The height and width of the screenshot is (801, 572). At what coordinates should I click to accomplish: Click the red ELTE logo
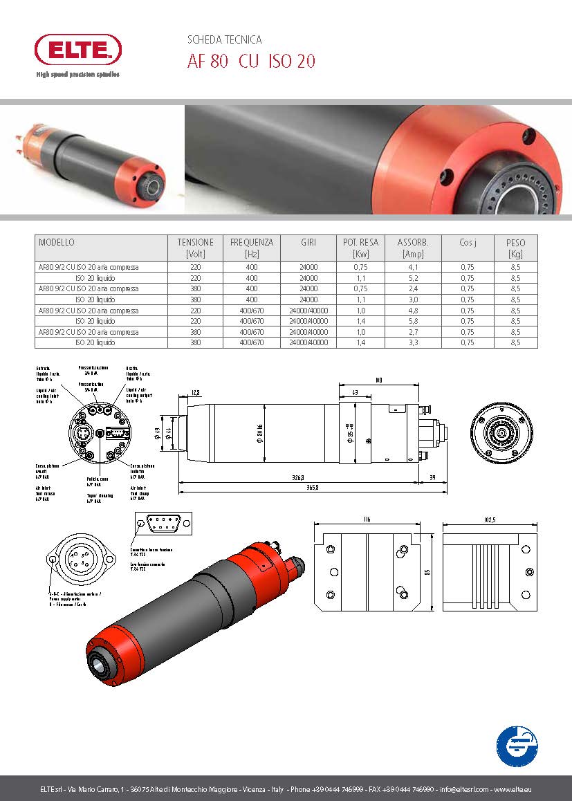78,50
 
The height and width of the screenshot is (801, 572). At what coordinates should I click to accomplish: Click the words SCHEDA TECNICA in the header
225,40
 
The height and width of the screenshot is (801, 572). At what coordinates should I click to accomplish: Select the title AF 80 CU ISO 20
251,62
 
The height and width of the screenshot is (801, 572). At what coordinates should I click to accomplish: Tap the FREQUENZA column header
252,243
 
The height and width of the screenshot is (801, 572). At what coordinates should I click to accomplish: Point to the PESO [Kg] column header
515,248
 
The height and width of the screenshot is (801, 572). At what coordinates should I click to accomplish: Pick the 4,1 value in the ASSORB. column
413,267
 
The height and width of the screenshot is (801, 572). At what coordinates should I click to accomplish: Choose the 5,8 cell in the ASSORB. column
413,321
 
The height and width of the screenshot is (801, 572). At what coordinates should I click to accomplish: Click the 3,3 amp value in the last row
413,342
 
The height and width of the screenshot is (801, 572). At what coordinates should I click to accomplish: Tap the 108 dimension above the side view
378,380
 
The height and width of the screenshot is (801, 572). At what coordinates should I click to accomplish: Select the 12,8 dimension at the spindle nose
196,393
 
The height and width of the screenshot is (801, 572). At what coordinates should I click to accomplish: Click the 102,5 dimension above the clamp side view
490,519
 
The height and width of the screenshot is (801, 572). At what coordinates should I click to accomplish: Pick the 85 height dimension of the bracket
427,571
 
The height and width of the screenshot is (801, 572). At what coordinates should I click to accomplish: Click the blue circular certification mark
518,746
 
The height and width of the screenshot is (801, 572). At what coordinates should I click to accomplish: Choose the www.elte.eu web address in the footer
512,789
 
